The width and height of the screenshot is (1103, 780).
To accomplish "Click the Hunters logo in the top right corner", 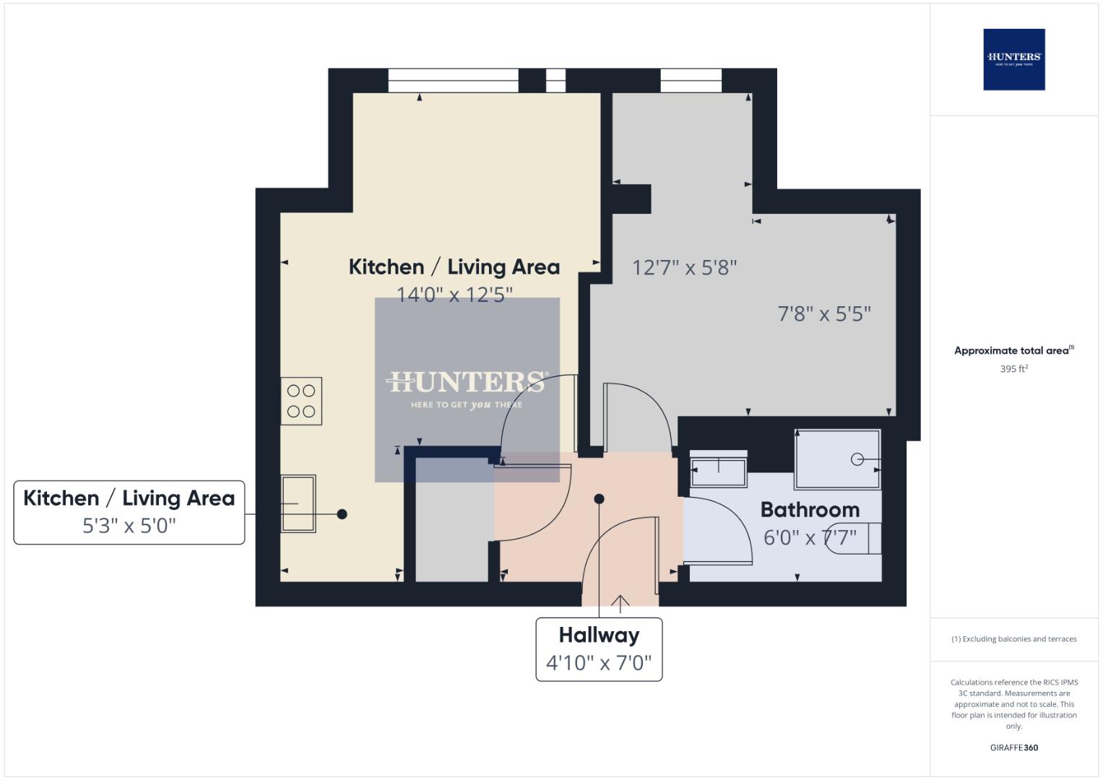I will [x=1013, y=59].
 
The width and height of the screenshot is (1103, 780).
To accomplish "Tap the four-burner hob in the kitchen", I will [x=301, y=401].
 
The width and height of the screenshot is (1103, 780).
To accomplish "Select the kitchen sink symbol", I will [x=298, y=503].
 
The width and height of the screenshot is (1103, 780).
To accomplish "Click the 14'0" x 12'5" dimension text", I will [x=454, y=295].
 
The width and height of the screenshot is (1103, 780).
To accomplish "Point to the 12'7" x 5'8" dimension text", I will [x=684, y=268].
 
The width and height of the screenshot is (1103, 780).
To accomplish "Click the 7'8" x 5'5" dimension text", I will [x=824, y=314].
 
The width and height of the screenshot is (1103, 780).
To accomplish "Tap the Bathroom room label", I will [x=810, y=510].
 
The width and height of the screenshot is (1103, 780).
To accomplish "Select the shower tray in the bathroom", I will [x=837, y=459].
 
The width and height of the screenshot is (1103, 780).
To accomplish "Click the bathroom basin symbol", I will [x=719, y=471].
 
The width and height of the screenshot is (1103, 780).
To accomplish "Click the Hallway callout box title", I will [x=599, y=636].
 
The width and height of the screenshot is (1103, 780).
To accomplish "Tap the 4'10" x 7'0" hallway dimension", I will [x=599, y=662].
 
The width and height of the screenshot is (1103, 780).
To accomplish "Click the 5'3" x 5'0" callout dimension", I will [x=129, y=526].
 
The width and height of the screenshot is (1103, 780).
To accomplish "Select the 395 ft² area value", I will [x=1013, y=369].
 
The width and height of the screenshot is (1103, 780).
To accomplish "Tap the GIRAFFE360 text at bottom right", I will [x=1013, y=747].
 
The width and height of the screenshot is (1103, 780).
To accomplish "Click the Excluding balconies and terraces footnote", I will [x=1013, y=639].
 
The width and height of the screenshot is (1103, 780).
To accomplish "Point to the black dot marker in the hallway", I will [x=599, y=499].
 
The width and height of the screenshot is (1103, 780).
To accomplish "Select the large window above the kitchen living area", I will [x=453, y=80].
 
